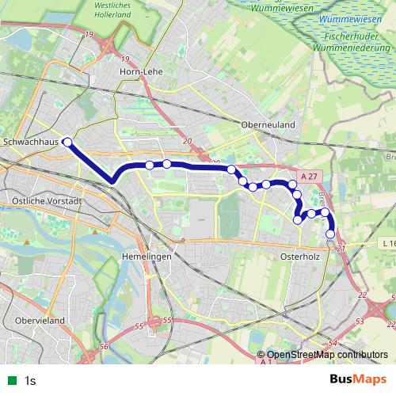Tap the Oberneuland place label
[x=268, y=124]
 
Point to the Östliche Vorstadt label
[x=48, y=201]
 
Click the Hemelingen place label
[x=147, y=257]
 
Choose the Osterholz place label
[x=299, y=257]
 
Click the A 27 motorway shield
[x=312, y=176]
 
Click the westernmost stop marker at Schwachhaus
[x=67, y=143]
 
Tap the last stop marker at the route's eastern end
[x=330, y=233]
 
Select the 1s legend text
[x=30, y=380]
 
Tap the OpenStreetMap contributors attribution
[x=323, y=355]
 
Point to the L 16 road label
[x=386, y=243]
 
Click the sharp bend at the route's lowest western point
[x=113, y=181]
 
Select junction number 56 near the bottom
[x=104, y=347]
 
